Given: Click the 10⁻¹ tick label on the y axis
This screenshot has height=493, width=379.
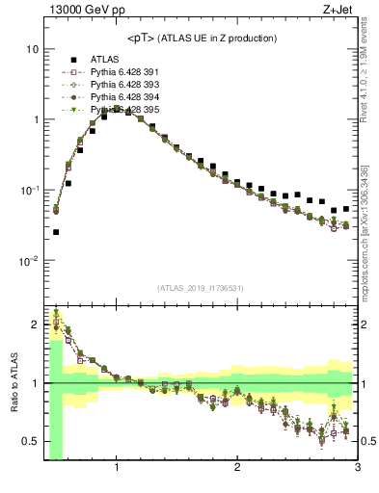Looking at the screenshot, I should pyautogui.click(x=29, y=191).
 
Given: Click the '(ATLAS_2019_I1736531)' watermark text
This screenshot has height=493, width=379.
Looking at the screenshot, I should pyautogui.click(x=201, y=287).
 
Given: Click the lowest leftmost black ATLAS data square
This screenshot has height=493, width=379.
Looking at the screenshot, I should pyautogui.click(x=56, y=232).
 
